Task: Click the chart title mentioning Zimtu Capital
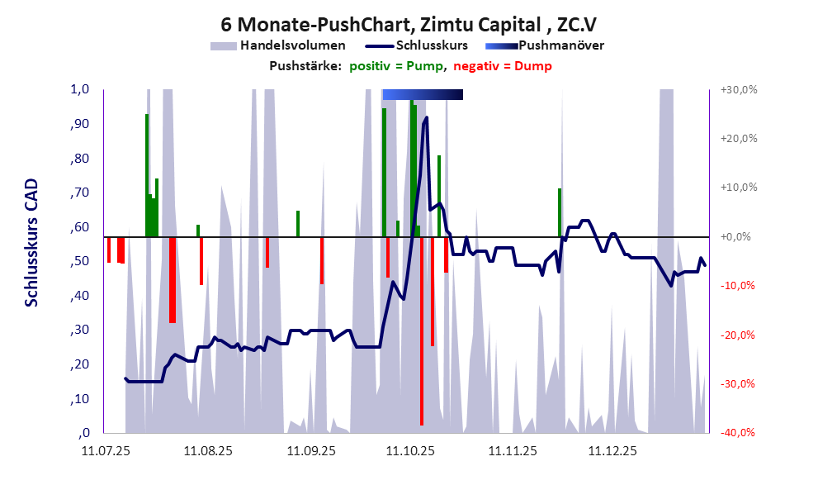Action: coord(409,23)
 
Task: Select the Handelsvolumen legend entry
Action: coord(291,45)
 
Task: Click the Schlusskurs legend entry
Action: coord(433,45)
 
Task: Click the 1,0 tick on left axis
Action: coord(79,90)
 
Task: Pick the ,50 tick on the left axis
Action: coord(79,262)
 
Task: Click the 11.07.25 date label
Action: coord(106,451)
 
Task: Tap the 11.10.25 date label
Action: coord(411,451)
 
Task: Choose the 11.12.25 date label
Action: coord(612,451)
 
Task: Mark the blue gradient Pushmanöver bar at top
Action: coord(422,95)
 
